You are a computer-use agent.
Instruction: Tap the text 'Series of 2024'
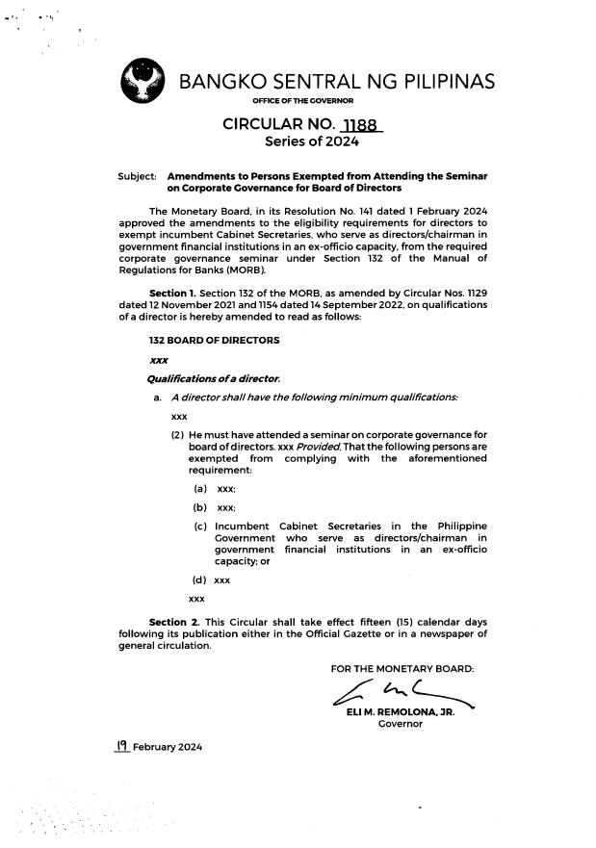click(311, 142)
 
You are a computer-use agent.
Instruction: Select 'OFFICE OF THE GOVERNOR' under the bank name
click(302, 101)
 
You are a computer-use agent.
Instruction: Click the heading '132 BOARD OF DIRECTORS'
click(214, 341)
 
